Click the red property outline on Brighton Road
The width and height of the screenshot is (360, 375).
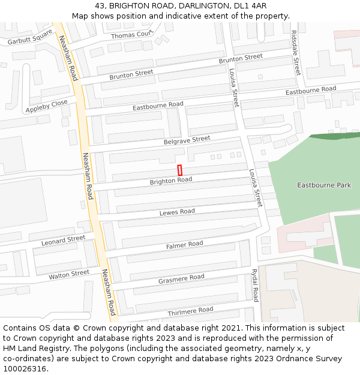[x=179, y=170]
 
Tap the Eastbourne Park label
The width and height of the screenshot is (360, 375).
[x=324, y=185]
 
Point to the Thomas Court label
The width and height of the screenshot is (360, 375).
[x=132, y=35]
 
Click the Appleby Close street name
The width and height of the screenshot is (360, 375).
[x=47, y=106]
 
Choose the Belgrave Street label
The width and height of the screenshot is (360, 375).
[x=187, y=140]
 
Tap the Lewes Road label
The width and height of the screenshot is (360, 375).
[x=177, y=212]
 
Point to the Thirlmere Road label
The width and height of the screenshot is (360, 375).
[x=190, y=311]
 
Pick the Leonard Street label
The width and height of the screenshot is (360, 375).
[x=63, y=241]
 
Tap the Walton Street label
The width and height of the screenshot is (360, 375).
[x=69, y=274]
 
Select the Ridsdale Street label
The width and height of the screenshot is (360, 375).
[x=295, y=53]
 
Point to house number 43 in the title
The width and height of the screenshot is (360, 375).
[x=100, y=6]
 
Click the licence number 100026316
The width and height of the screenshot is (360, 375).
[x=25, y=369]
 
